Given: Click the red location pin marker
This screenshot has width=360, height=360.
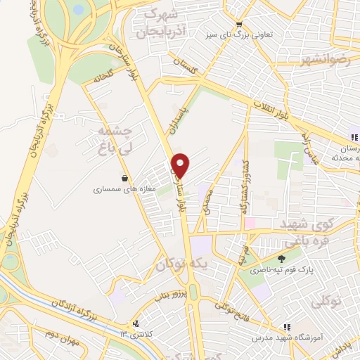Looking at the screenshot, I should click(x=181, y=165).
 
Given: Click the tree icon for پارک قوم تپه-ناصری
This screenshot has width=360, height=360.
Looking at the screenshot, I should click(x=282, y=258).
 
